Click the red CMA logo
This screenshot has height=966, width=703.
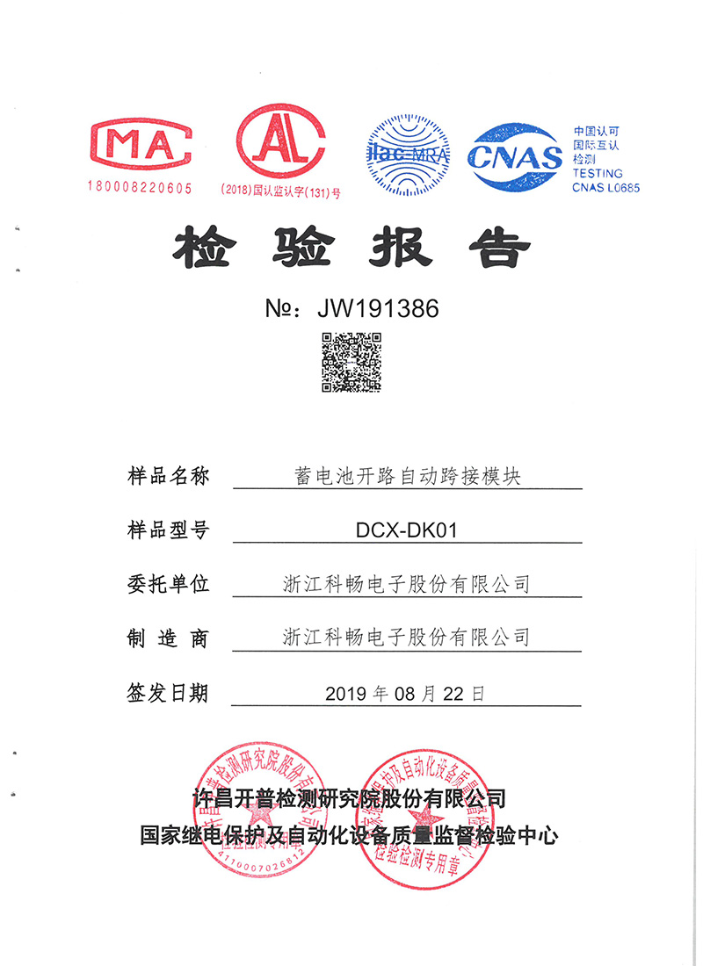point(141,141)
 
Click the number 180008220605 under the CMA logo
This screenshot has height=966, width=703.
point(140,187)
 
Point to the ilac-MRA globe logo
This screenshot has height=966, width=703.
point(408,155)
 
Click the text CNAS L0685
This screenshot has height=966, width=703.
point(605,187)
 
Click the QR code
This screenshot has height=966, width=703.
point(351,361)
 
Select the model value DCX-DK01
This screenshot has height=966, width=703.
point(407,530)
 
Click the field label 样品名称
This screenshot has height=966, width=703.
point(168,477)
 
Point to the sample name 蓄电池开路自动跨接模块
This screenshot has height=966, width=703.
point(407,477)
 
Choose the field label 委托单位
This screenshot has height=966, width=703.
point(168,583)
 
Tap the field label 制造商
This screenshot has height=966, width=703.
point(168,638)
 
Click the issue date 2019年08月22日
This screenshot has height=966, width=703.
point(405,693)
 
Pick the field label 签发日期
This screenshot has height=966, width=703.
point(168,693)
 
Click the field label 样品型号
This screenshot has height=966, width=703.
point(168,530)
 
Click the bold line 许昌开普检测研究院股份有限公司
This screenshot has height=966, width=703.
point(350,798)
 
